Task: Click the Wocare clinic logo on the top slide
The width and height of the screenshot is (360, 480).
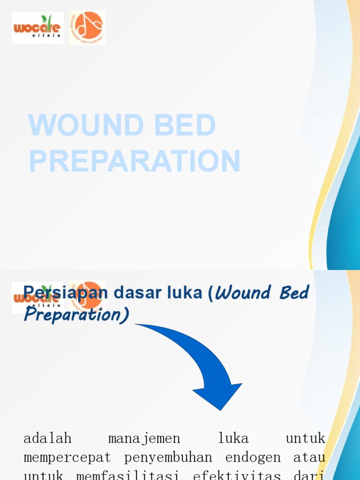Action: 38,28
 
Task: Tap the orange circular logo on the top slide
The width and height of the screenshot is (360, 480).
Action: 87,28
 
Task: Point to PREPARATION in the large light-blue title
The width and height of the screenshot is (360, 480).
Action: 135,161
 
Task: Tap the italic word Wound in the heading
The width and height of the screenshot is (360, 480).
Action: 243,293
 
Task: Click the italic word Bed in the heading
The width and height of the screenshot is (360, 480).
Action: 294,293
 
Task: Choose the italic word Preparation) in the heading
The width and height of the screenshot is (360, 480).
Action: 76,315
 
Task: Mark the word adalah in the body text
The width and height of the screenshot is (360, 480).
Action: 47,439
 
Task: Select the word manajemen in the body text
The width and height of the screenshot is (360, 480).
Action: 144,439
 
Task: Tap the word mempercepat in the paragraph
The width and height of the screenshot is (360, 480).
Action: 67,457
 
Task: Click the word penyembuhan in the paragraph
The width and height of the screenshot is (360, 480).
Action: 168,457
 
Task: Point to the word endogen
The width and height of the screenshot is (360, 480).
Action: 253,457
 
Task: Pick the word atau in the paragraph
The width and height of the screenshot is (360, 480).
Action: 309,457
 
